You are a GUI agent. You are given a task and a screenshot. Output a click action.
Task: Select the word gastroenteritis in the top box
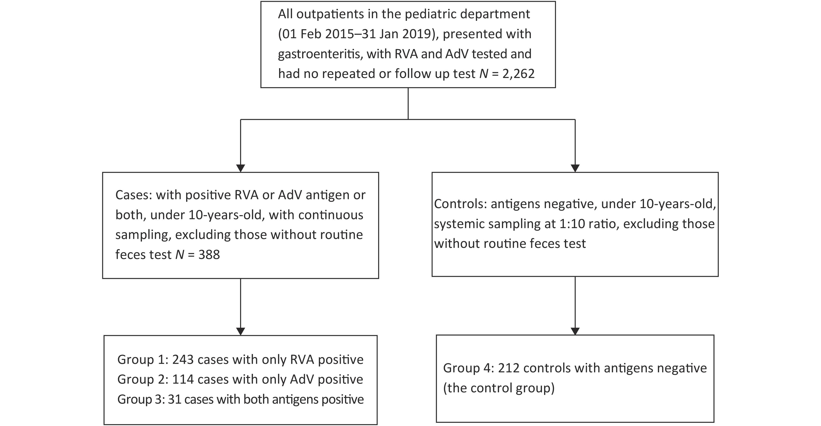[320, 54]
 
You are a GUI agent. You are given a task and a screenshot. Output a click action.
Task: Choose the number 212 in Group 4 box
[509, 368]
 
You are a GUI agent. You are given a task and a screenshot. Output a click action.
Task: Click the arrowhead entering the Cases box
[241, 168]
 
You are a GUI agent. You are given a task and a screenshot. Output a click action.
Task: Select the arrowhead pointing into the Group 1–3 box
[241, 331]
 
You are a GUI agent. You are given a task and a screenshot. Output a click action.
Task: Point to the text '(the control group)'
[499, 388]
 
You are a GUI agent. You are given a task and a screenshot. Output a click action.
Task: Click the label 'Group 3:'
[140, 399]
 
